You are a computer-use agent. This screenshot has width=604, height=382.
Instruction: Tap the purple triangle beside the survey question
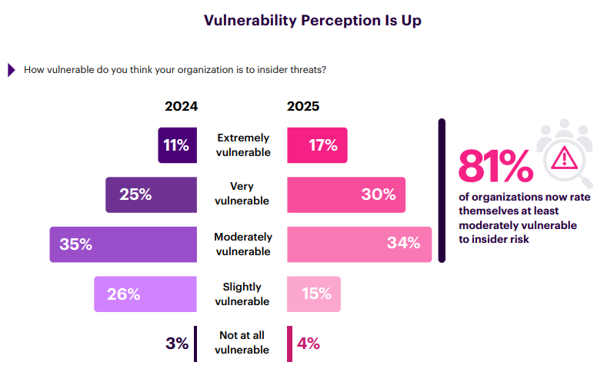(12, 70)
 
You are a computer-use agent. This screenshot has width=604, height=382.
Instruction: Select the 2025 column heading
(303, 107)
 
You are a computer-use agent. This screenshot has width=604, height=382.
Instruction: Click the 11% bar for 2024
(175, 145)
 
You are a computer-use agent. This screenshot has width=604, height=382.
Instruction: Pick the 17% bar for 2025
(317, 145)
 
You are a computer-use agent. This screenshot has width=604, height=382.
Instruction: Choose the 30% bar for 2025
(346, 194)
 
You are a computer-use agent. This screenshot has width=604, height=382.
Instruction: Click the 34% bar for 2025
(359, 244)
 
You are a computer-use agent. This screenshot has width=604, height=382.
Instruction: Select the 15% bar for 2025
(314, 294)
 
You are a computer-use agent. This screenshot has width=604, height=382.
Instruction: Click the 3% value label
(177, 344)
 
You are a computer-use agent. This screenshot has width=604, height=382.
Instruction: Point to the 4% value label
(308, 344)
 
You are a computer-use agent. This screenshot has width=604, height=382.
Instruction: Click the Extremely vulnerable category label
(243, 145)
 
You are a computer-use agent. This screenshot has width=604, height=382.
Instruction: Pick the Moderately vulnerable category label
(243, 244)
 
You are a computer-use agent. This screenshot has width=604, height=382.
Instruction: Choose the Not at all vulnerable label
(243, 344)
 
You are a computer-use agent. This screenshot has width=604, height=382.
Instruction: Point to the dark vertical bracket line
(442, 190)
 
